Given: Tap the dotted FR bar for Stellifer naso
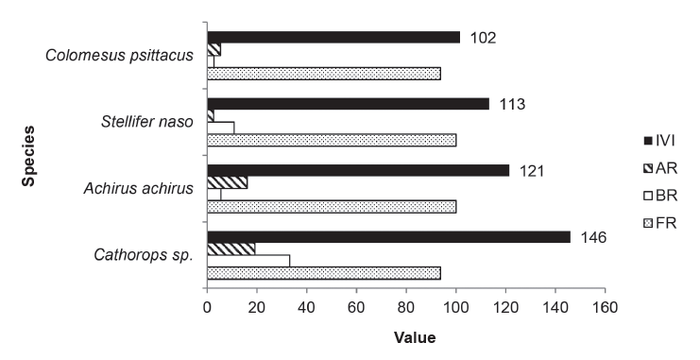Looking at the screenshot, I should pos(331,140).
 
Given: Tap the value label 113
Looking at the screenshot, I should pos(514,104).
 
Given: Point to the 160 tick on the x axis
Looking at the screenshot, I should pos(605,307).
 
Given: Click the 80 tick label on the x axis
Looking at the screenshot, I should pos(406,307).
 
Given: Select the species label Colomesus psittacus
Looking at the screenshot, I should pos(119,55).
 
